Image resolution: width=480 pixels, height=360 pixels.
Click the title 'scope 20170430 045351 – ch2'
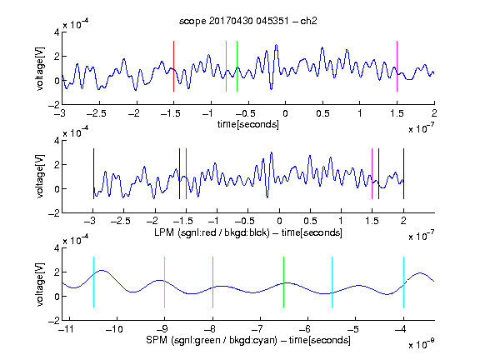[248, 21]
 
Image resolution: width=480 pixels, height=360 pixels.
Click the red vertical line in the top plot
[173, 66]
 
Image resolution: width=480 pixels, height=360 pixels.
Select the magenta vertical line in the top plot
[397, 66]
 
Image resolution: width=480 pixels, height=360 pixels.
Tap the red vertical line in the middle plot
[186, 174]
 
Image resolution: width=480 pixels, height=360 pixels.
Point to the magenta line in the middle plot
[372, 174]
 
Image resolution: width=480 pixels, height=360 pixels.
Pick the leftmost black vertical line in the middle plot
[93, 174]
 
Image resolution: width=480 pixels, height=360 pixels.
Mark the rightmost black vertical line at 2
[403, 174]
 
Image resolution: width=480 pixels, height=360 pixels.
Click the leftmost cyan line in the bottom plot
[93, 282]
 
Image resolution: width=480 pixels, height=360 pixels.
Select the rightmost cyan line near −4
[403, 282]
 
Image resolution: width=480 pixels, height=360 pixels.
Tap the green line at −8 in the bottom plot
[212, 282]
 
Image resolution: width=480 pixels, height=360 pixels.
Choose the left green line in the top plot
[226, 66]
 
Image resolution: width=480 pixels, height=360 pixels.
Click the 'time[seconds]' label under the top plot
[248, 124]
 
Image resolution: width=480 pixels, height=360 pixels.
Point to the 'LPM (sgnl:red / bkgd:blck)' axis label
[212, 232]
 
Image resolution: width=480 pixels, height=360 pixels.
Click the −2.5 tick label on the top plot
[97, 113]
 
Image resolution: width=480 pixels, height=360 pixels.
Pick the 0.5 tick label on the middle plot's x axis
[310, 221]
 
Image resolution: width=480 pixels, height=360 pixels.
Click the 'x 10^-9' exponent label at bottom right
[422, 344]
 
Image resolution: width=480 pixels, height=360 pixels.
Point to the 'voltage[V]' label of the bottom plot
[40, 284]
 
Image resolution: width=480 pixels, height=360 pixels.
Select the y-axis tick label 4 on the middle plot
[57, 141]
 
